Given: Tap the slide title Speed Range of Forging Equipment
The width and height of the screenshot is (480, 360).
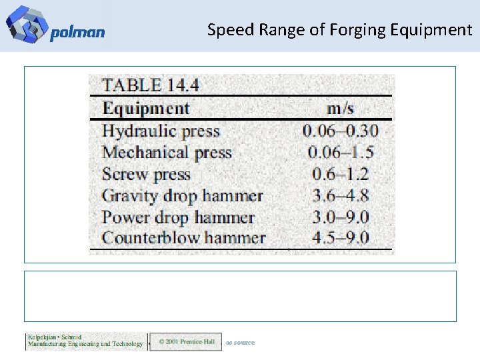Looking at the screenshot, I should (339, 30).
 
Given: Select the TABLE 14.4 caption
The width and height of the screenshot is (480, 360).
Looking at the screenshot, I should (150, 85).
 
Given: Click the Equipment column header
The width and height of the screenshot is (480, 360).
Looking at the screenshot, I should (146, 108).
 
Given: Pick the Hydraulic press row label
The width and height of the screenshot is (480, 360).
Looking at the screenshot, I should (161, 131).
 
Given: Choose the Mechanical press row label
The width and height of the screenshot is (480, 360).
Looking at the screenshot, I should (167, 152).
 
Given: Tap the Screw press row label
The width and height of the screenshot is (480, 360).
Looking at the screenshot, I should (146, 174).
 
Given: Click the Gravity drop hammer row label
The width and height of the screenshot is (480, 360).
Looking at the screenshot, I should (182, 196).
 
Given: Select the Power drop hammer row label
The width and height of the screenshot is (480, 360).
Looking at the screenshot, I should (178, 217).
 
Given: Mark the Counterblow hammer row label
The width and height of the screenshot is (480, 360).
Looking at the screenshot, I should (183, 238).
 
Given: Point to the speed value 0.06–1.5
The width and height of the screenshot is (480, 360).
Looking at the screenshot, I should (340, 152).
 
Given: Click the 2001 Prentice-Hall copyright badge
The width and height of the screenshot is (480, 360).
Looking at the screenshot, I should (186, 342).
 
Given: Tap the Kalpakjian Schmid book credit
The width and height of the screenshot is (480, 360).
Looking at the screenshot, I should (85, 341).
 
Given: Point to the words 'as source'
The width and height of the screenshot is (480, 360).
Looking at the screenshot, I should (240, 342).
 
